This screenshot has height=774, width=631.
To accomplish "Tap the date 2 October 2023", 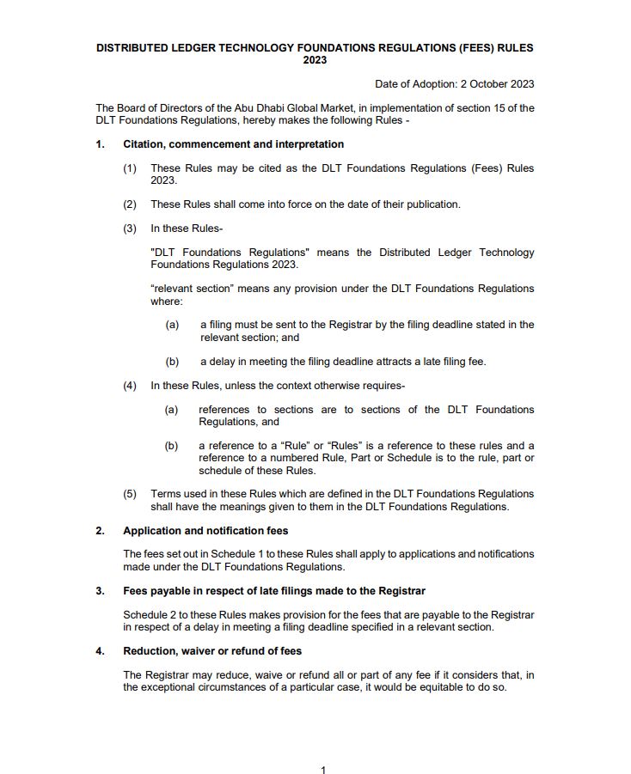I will pos(485,83).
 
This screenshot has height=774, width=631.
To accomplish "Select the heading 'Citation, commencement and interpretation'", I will pos(233,144).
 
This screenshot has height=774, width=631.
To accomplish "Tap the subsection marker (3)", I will pos(130,229).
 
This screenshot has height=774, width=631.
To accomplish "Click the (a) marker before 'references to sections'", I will pos(172,410).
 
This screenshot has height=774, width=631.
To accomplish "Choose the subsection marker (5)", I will pos(130,494).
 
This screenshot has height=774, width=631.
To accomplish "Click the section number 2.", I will pos(100,531).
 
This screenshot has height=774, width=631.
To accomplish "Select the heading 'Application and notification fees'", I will pos(205,531).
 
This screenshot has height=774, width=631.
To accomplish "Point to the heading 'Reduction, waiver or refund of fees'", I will pos(212,651).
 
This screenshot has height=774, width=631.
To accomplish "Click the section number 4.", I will pos(100,651).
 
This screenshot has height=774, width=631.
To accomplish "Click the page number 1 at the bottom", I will pos(323,770).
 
